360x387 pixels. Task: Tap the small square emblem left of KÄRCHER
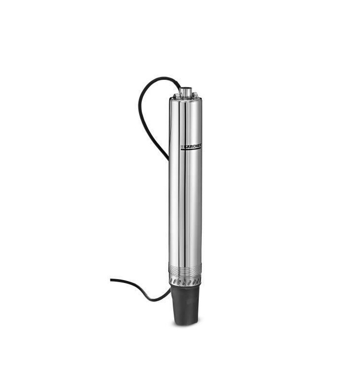click(182, 147)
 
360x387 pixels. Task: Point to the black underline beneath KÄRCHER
click(191, 149)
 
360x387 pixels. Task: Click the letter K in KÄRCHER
click(185, 147)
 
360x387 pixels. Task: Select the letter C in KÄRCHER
click(194, 146)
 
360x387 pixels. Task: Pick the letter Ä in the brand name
click(188, 147)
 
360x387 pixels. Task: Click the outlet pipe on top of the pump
click(186, 92)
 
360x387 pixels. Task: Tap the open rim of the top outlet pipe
click(186, 89)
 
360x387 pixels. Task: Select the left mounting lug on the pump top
click(176, 95)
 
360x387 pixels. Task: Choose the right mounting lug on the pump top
click(195, 95)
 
